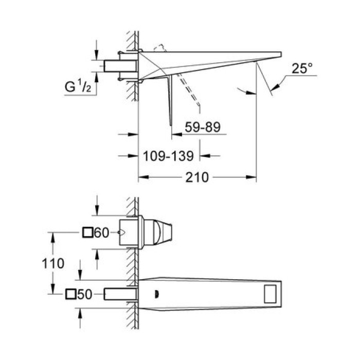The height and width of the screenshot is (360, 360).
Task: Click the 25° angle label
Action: click(302, 69)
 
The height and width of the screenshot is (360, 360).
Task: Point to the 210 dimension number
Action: click(197, 178)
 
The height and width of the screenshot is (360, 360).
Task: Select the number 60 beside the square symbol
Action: click(102, 233)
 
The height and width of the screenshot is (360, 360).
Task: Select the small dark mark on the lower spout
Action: click(155, 294)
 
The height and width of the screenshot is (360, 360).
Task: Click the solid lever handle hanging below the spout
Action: click(169, 100)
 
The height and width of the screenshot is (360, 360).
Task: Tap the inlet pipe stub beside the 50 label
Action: click(120, 294)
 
